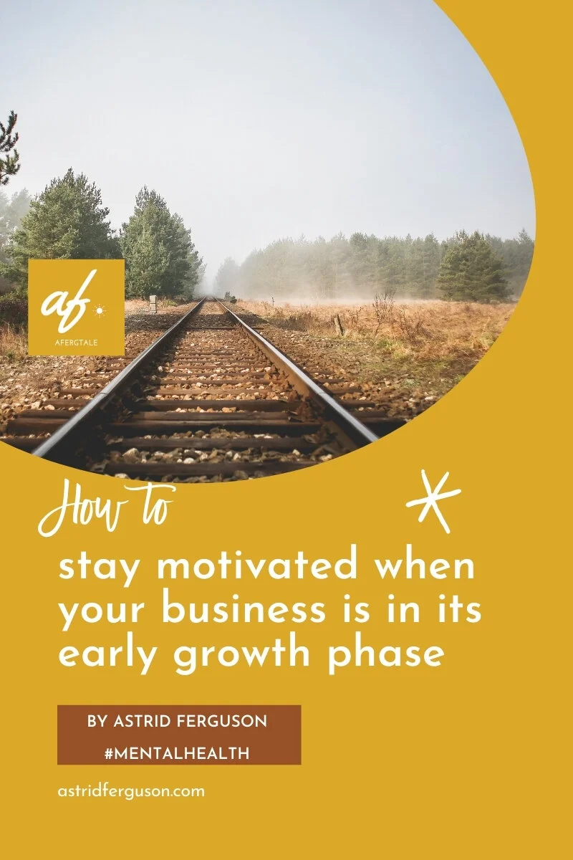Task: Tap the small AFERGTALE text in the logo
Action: (x=77, y=342)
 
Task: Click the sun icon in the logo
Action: (x=100, y=310)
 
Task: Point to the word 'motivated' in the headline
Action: (x=256, y=566)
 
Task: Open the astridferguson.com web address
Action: (x=130, y=792)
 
